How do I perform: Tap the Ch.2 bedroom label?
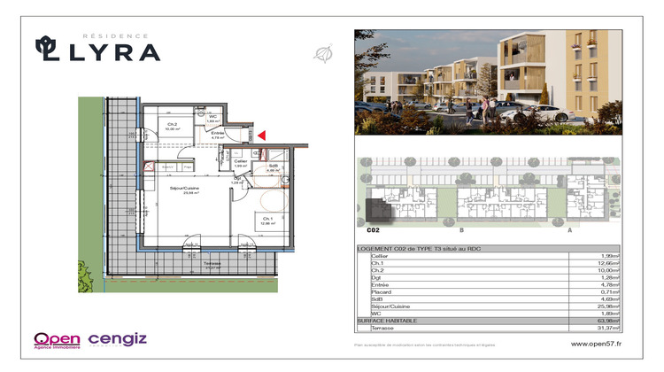coord(171,125)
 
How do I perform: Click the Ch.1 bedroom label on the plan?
coord(265,220)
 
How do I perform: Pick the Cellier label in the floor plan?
coord(240,162)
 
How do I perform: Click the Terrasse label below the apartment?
coord(211,264)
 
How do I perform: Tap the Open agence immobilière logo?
coord(58,339)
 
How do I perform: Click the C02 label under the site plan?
coord(373,229)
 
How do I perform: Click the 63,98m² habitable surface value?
coord(606,320)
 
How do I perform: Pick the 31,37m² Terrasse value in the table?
coord(606,327)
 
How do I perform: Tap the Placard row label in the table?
coord(382,291)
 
